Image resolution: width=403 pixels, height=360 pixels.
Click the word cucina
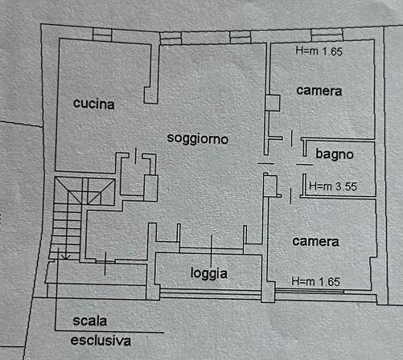(93, 104)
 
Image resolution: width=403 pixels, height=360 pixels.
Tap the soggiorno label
(198, 138)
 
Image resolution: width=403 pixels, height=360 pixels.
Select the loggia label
(209, 273)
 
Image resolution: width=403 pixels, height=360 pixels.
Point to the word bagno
(335, 154)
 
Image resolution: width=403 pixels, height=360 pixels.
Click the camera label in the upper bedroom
(319, 91)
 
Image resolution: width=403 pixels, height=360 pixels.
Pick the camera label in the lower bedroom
(315, 242)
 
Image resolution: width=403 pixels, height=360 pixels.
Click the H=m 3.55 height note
(333, 186)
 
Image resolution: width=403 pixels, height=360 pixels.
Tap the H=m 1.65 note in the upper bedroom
(319, 51)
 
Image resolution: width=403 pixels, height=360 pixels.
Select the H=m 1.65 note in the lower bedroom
(315, 282)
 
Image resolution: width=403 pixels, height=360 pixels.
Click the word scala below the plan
(89, 321)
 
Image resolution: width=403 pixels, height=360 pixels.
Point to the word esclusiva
(101, 341)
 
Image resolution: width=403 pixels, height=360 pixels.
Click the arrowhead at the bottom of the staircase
(66, 257)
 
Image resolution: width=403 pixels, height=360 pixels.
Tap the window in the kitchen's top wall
(102, 35)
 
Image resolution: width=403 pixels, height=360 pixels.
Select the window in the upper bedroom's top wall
(327, 35)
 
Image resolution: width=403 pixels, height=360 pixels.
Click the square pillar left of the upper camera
(273, 103)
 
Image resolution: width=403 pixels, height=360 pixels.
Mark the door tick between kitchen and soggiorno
(135, 156)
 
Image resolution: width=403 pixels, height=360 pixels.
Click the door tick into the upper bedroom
(292, 138)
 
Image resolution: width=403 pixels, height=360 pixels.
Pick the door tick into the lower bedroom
(290, 196)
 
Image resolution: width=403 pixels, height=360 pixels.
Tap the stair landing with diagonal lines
(84, 190)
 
